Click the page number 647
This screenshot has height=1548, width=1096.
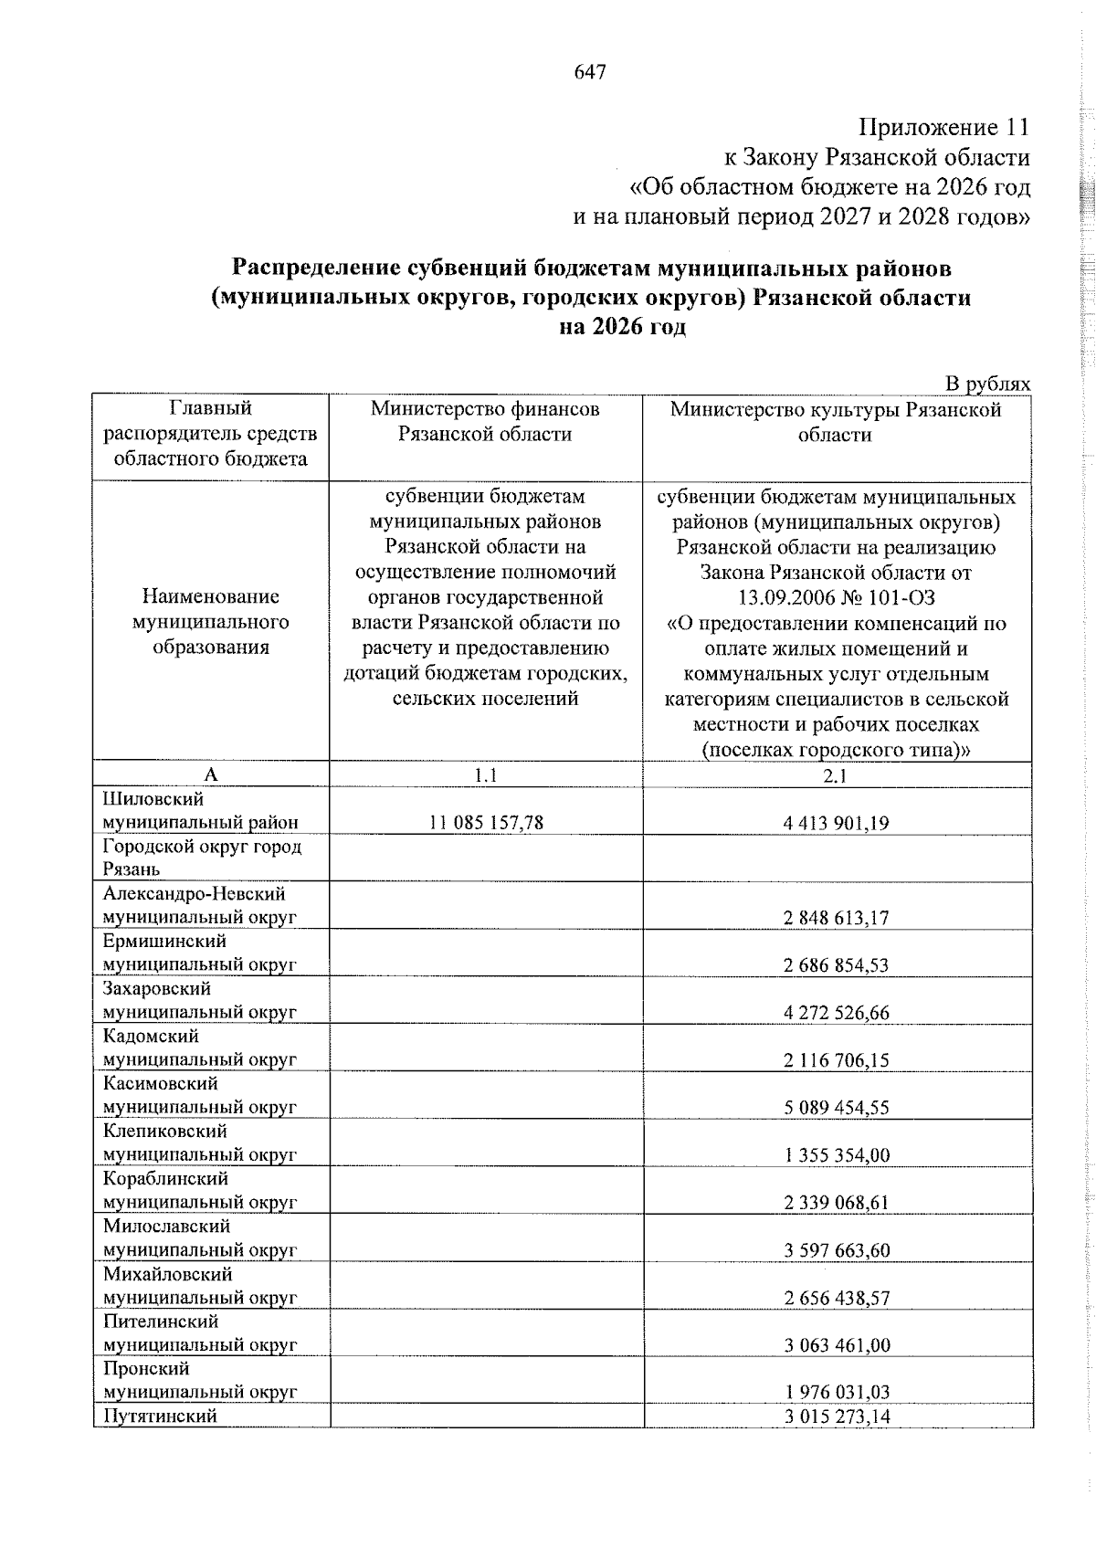click(590, 72)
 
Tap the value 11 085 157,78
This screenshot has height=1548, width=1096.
click(486, 823)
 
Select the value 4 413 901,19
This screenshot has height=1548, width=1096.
click(836, 823)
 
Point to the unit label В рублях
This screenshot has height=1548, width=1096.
click(987, 384)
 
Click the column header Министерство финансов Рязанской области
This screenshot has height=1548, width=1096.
click(485, 421)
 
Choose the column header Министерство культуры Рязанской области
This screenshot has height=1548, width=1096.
click(836, 421)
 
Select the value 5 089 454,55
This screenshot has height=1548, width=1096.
click(836, 1108)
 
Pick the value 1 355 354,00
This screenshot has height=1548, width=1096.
click(836, 1155)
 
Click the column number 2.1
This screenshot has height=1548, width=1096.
click(836, 775)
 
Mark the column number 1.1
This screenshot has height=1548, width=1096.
click(485, 775)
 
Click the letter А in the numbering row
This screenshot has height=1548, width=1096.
click(211, 775)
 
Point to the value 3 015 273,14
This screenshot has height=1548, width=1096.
click(836, 1442)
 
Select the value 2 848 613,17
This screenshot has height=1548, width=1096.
click(836, 918)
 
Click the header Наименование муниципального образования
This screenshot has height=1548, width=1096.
click(211, 622)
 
